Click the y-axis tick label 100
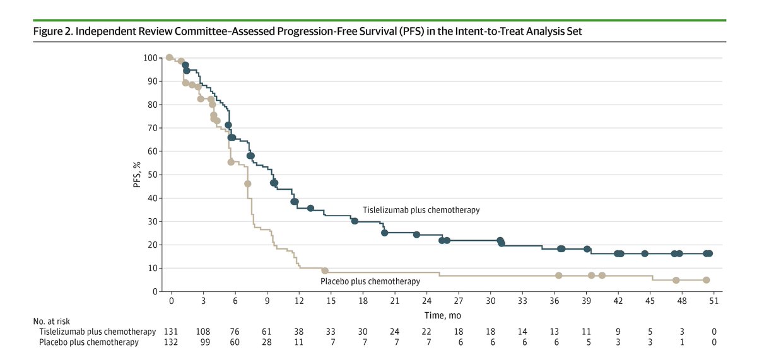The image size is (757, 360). [150, 58]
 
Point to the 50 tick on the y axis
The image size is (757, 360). [153, 175]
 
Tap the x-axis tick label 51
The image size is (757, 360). [714, 301]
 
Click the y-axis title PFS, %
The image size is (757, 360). [136, 175]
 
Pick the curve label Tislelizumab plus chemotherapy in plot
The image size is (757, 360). [421, 210]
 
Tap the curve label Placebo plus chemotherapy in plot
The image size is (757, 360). [370, 281]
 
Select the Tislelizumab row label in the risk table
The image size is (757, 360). [95, 332]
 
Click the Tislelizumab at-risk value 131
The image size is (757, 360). [170, 332]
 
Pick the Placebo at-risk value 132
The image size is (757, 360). [170, 343]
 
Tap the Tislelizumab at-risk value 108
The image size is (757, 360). [202, 332]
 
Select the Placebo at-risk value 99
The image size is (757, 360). [202, 343]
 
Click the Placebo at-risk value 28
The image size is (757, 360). [267, 343]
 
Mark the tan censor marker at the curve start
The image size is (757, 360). [169, 58]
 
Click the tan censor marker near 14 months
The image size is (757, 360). [324, 270]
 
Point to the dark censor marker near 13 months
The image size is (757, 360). [310, 209]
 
